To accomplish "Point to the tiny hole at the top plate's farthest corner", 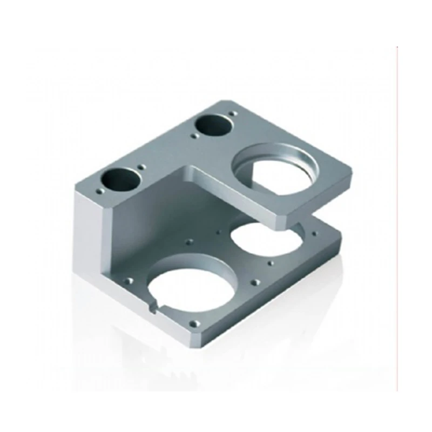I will coord(233,114).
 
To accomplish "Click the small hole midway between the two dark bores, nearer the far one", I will coord(193,136).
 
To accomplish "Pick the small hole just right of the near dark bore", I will coord(141,167).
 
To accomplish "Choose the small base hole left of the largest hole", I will coord(129,281).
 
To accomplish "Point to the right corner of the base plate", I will coord(340,238).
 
